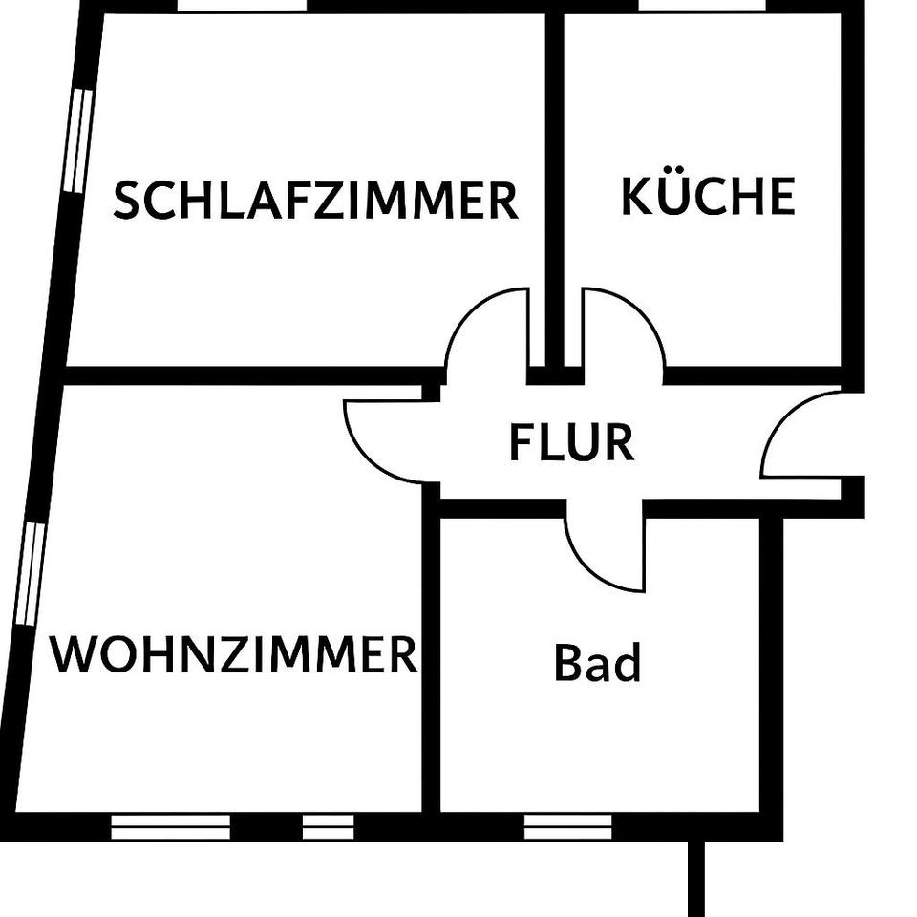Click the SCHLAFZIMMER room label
tap(315, 201)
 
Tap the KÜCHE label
tap(708, 196)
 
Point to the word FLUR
tap(571, 443)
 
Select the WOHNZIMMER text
tap(234, 655)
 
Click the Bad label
tap(597, 663)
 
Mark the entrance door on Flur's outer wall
tap(802, 435)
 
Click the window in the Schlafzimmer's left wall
tap(79, 141)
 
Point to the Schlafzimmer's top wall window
tap(242, 6)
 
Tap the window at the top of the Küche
tap(702, 6)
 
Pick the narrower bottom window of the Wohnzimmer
tap(328, 827)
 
